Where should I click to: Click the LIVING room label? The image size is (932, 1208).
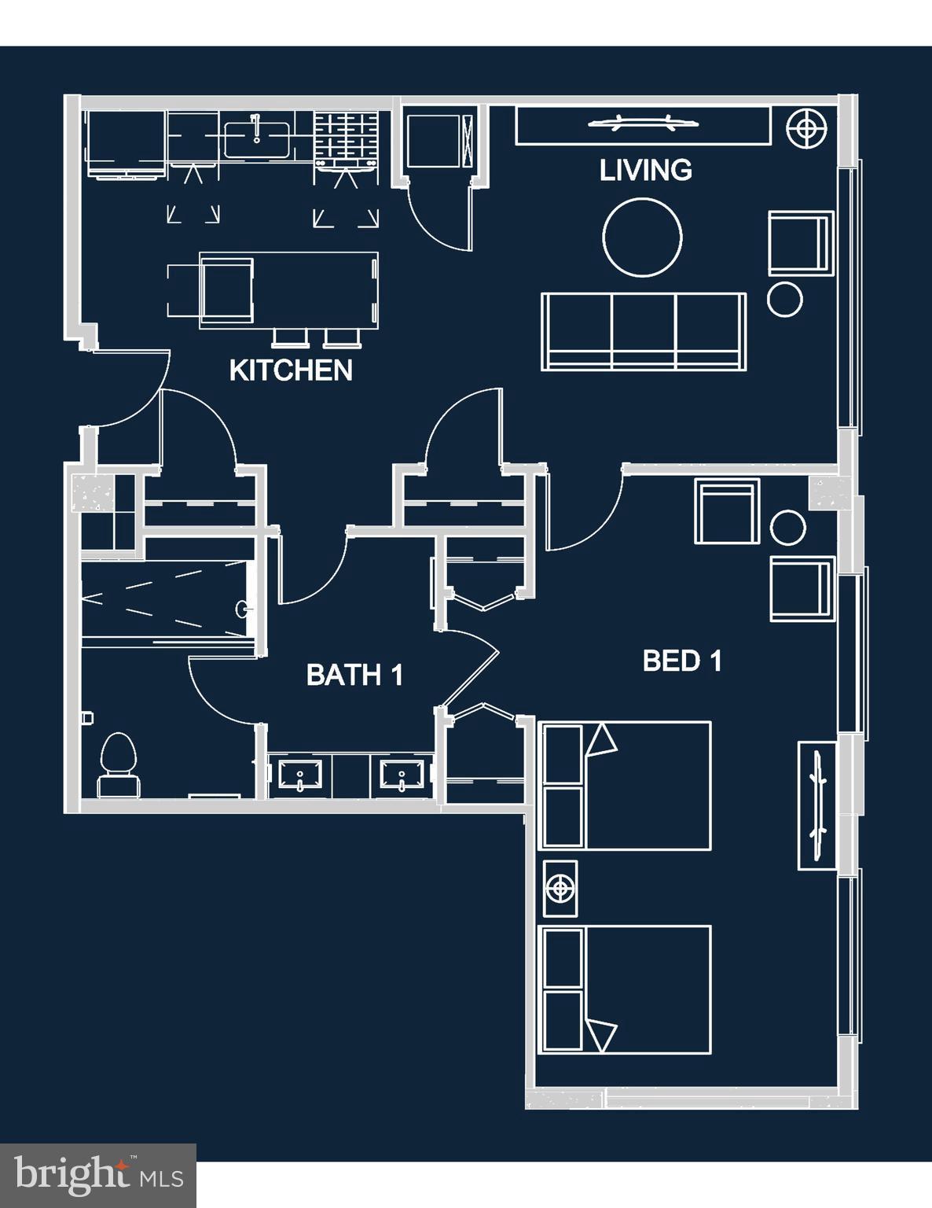click(x=645, y=170)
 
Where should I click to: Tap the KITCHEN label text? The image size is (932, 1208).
click(x=290, y=370)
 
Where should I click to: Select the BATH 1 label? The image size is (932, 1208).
click(x=354, y=675)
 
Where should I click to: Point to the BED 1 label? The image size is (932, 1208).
click(x=682, y=661)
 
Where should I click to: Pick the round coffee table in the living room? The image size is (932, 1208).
click(x=642, y=238)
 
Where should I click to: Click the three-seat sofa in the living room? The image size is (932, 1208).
click(x=644, y=331)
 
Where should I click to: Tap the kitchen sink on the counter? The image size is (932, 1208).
click(x=255, y=138)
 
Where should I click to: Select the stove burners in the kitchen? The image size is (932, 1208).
click(x=346, y=134)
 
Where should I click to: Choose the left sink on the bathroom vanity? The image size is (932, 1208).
click(x=300, y=774)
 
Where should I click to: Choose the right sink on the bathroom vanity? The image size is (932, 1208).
click(x=402, y=774)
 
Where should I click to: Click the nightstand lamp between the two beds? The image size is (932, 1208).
click(x=560, y=889)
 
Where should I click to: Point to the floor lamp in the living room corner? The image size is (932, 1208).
click(x=807, y=127)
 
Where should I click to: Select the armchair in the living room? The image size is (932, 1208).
click(x=800, y=243)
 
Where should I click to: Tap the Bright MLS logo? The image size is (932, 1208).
click(x=98, y=1175)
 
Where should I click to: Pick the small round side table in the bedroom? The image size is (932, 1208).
click(x=788, y=528)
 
